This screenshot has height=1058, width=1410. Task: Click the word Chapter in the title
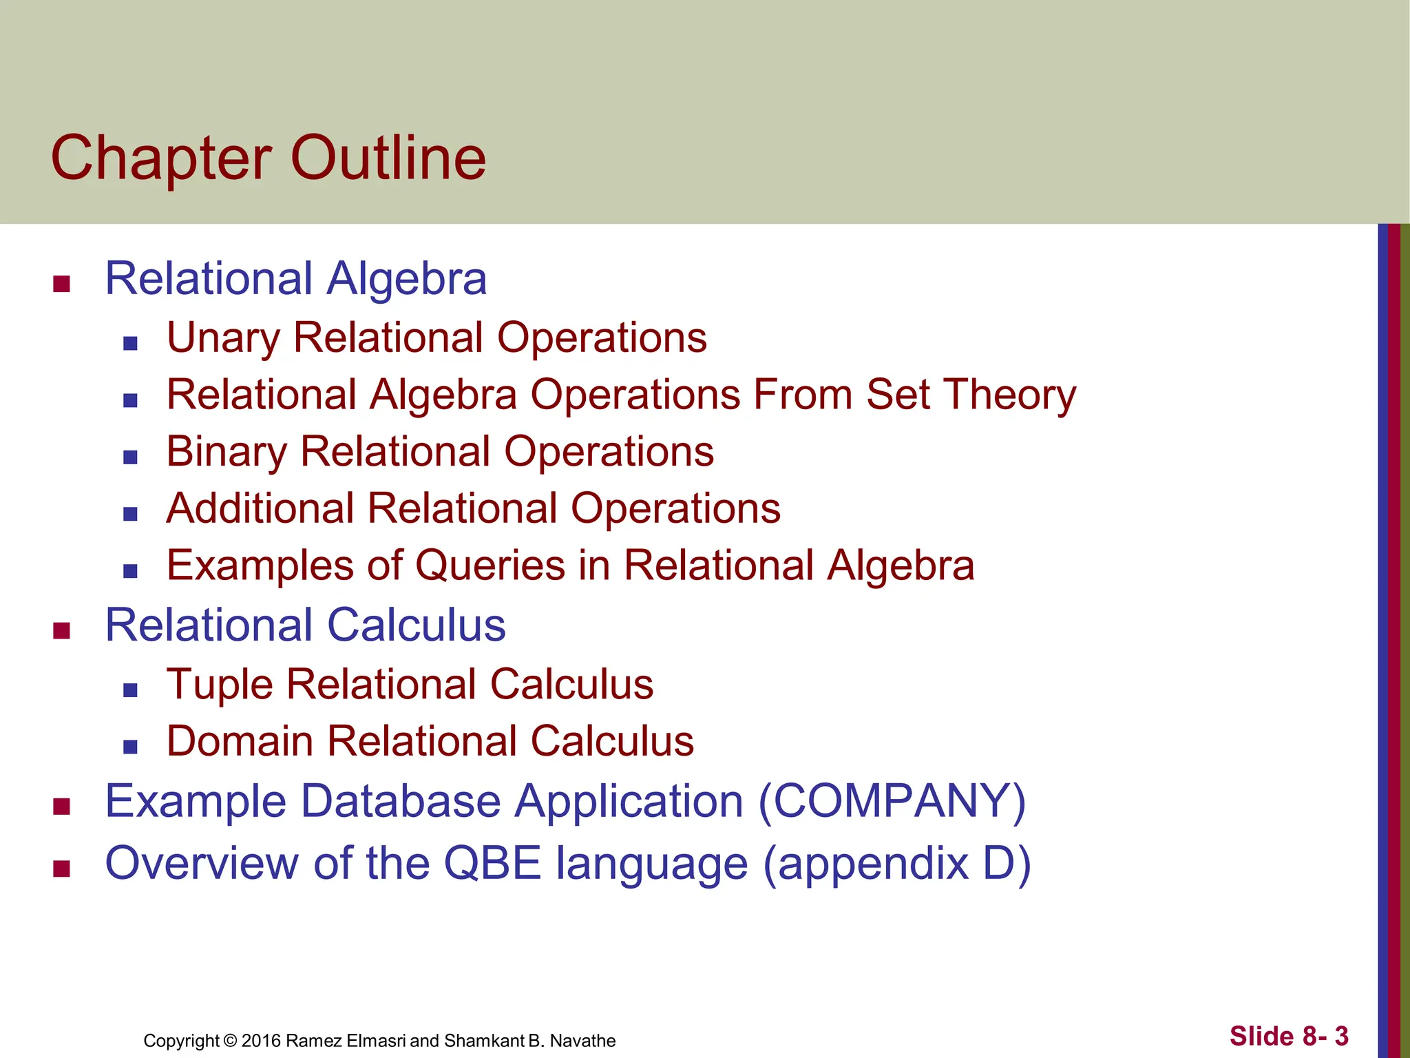click(x=161, y=160)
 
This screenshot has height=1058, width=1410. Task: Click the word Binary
click(x=227, y=453)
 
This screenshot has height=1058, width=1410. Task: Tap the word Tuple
click(x=220, y=685)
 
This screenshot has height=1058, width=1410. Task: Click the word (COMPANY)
click(x=892, y=802)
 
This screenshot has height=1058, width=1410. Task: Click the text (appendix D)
click(x=896, y=864)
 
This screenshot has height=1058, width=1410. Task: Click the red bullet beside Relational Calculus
click(x=62, y=630)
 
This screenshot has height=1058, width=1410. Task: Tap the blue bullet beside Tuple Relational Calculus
click(x=130, y=690)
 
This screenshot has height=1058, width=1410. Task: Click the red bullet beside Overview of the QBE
click(x=62, y=869)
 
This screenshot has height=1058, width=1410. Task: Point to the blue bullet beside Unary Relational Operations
click(x=130, y=343)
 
